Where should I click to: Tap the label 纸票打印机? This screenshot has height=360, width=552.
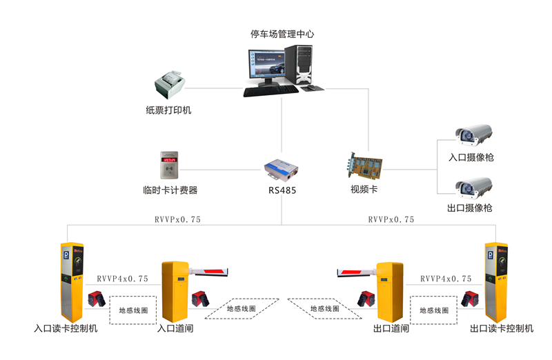[x=168, y=110]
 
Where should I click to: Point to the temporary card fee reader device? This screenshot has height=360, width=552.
[x=170, y=166]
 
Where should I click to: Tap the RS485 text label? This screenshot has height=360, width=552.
[x=282, y=190]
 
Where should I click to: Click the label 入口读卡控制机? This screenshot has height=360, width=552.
[x=66, y=328]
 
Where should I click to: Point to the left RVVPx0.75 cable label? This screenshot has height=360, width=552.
[x=178, y=220]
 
